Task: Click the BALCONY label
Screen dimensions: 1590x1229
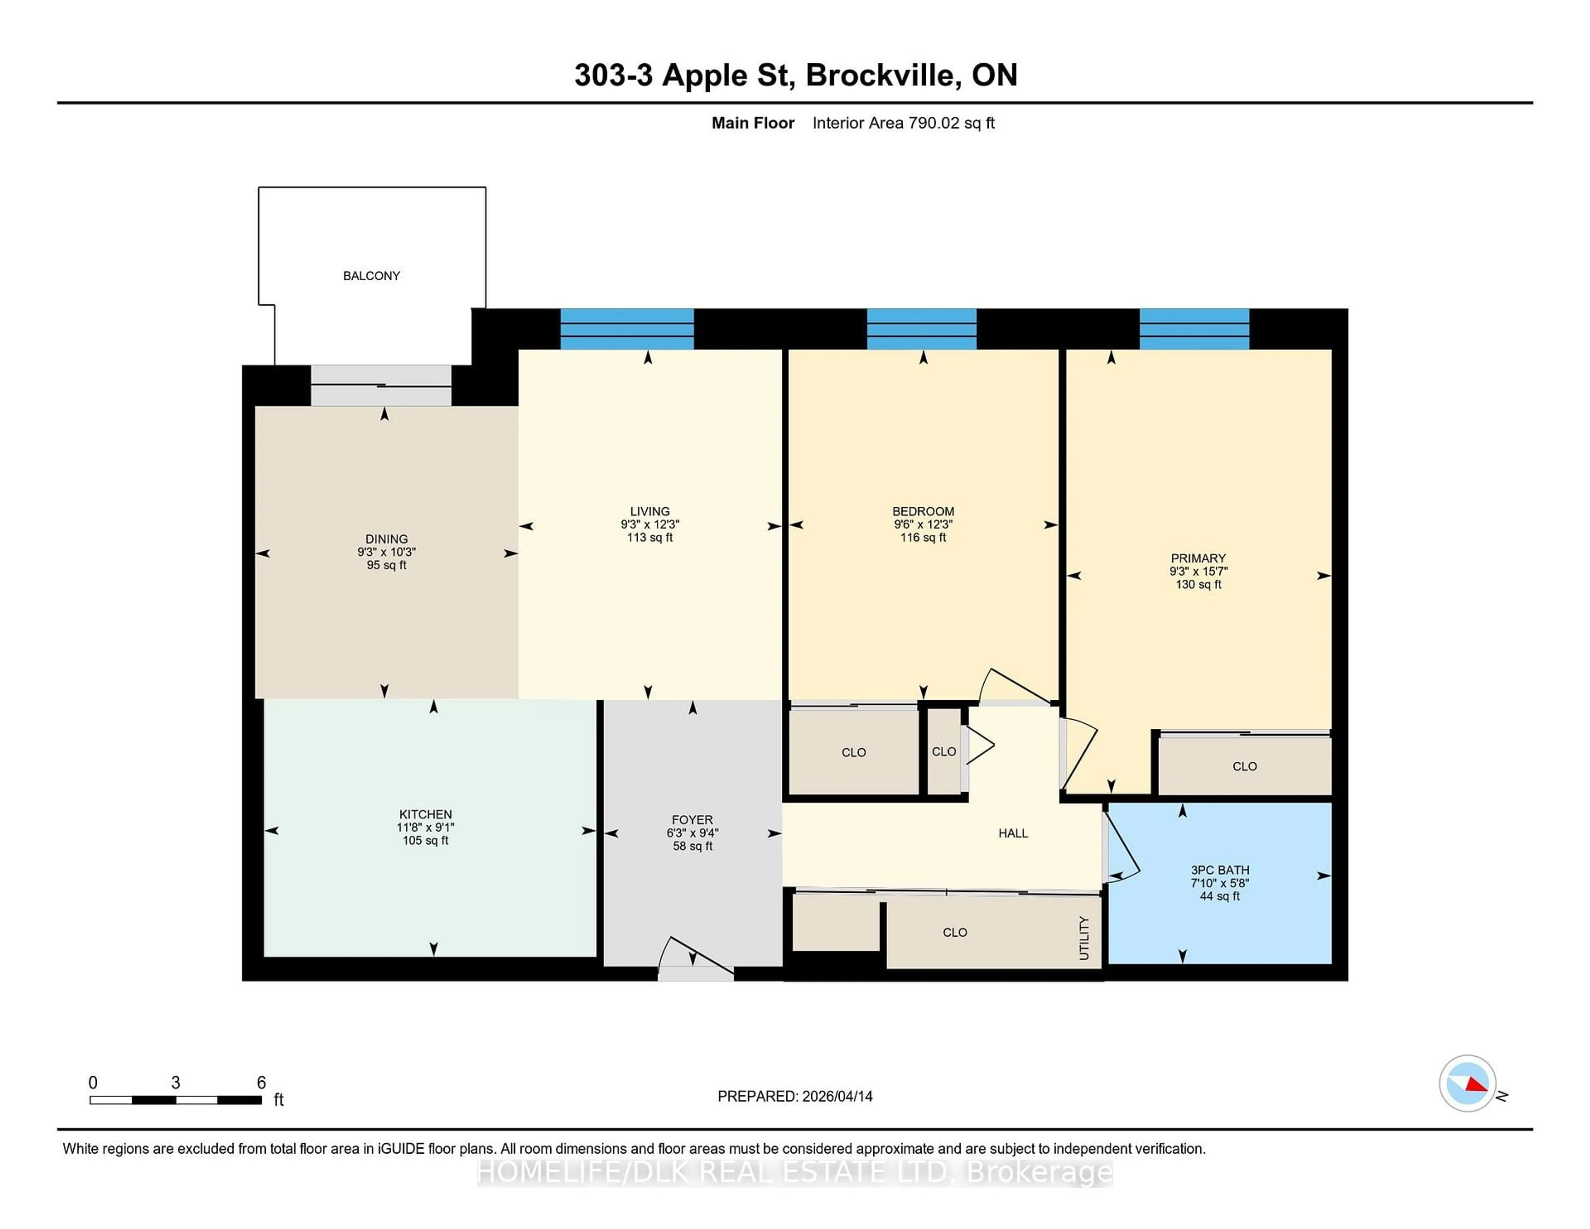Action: click(x=371, y=276)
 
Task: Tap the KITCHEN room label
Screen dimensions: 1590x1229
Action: click(x=425, y=814)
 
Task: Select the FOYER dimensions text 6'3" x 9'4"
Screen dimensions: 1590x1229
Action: click(x=692, y=833)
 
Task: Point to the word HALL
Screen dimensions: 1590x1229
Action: click(x=1013, y=833)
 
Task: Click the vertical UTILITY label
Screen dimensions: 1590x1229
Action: click(x=1084, y=938)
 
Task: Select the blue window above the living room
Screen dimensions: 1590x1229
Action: click(x=627, y=329)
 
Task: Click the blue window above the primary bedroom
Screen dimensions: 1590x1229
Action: click(x=1194, y=329)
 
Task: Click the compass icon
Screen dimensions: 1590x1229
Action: click(x=1467, y=1083)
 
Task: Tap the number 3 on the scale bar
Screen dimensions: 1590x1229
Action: click(x=176, y=1083)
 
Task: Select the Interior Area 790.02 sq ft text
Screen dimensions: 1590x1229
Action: click(x=903, y=123)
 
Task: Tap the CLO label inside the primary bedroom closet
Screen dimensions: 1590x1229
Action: click(x=1244, y=766)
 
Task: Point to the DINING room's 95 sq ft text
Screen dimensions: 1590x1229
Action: click(x=387, y=565)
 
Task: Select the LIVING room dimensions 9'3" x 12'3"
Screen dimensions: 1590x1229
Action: click(x=649, y=524)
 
